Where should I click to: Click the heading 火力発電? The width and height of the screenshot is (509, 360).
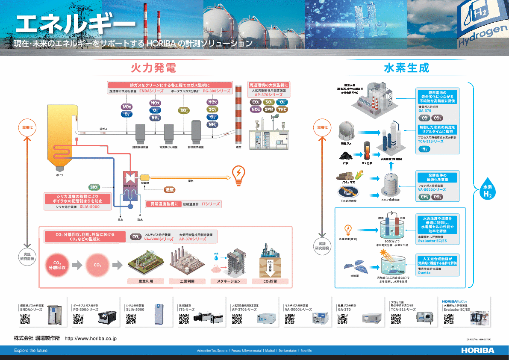(x=153, y=68)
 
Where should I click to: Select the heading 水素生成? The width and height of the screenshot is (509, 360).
(x=406, y=68)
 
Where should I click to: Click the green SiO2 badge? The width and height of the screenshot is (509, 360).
(x=94, y=187)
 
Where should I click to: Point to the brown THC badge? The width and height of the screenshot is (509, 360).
(x=282, y=109)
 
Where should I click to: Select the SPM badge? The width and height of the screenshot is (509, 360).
(x=269, y=109)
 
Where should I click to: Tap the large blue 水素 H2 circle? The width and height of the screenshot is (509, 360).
(x=488, y=191)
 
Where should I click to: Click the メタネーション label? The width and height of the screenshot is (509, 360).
(x=228, y=281)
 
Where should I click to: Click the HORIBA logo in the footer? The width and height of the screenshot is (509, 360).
(x=477, y=351)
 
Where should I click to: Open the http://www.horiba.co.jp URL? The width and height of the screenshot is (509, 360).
(x=91, y=338)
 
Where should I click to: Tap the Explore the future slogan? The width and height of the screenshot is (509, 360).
(x=31, y=351)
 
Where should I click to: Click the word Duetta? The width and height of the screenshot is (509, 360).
(x=425, y=272)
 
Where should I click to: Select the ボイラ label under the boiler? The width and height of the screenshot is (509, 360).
(x=60, y=175)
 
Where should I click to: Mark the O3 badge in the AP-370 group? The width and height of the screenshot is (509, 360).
(x=282, y=103)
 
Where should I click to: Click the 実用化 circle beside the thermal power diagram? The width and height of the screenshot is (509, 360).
(x=28, y=127)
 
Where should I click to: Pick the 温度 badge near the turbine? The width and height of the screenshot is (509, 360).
(x=170, y=189)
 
